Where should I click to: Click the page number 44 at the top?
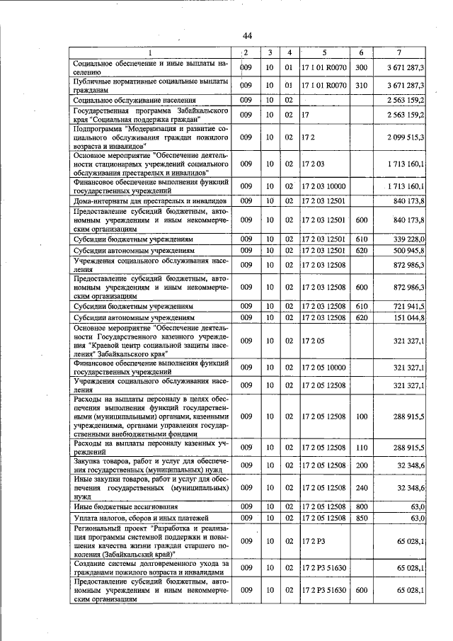coord(247,36)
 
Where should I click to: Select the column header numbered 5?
coord(324,53)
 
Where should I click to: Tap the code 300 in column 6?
coord(361,68)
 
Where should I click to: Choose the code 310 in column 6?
coord(361,86)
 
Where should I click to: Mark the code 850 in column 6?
coord(361,518)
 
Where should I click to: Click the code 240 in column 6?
coord(361,489)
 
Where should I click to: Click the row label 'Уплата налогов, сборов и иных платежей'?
coord(138,518)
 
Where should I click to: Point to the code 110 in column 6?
coord(361,448)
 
